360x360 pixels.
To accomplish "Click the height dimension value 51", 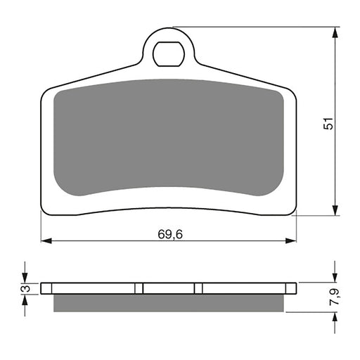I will point(327,123).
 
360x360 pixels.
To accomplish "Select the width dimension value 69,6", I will point(169,233).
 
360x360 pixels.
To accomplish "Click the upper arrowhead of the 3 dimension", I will point(25,278).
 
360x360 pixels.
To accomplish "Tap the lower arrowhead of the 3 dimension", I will point(25,298).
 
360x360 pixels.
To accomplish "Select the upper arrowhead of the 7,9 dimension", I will point(335,278).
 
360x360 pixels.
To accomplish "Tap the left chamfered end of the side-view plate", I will point(43,288).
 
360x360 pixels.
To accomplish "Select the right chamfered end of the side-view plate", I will point(295,288).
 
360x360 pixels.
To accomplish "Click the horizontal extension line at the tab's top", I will point(253,27).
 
